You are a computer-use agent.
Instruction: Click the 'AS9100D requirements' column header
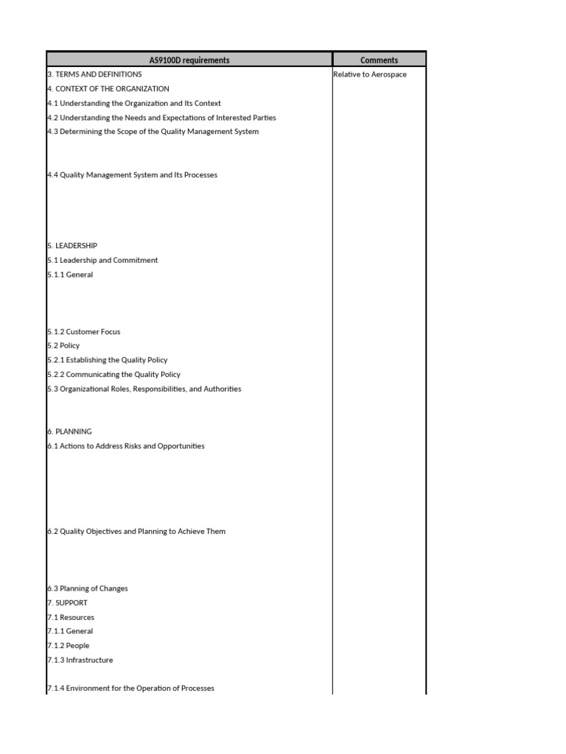coord(189,60)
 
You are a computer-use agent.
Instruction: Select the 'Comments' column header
coord(379,60)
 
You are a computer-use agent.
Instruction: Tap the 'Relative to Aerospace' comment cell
coord(369,74)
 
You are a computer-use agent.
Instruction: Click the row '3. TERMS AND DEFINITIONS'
coord(94,74)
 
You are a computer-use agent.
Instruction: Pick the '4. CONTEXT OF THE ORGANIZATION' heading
coord(108,89)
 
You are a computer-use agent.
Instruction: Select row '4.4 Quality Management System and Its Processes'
coord(132,175)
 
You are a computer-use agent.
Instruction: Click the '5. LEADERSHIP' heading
coord(72,246)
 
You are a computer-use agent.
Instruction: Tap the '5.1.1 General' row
coord(70,275)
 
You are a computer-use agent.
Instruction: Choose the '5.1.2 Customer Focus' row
coord(83,332)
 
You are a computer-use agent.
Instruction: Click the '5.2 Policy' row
coord(63,346)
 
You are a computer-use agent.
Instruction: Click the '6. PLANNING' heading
coord(69,431)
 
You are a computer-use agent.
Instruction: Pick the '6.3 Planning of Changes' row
coord(87,588)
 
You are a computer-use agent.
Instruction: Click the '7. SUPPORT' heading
coord(67,603)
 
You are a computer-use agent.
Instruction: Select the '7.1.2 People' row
coord(68,646)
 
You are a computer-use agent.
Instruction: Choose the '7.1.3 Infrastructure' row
coord(80,660)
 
